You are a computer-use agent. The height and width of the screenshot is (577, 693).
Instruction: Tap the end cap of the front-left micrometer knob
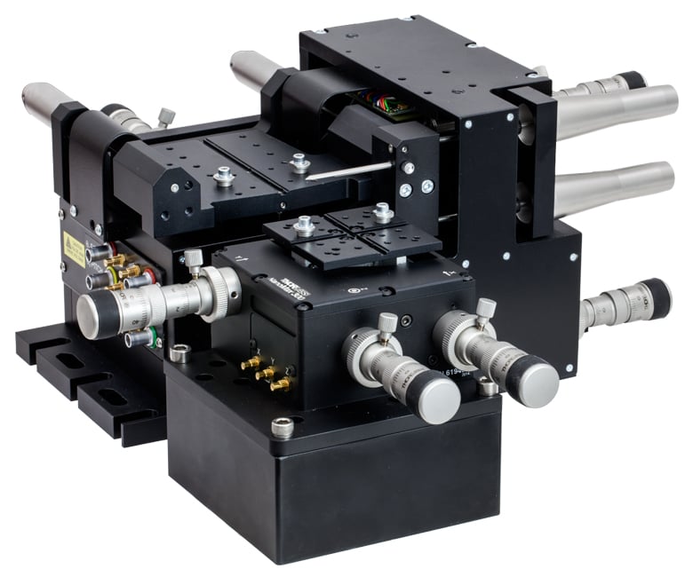tap(436, 401)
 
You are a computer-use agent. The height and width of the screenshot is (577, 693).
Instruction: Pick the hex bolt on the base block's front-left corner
tap(282, 427)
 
